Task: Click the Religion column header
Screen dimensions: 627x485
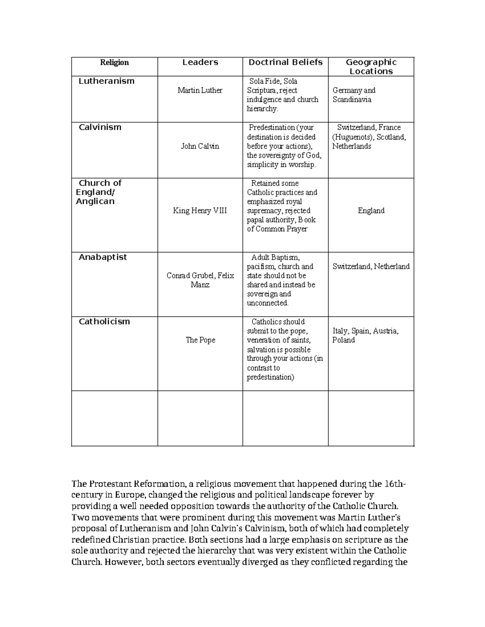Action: [114, 62]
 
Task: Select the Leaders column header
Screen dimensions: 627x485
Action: [200, 62]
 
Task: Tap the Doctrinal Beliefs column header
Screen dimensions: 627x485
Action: [285, 62]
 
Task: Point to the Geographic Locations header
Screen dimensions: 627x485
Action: [371, 67]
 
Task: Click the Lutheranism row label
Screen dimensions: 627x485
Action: [106, 81]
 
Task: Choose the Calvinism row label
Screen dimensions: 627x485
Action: [100, 127]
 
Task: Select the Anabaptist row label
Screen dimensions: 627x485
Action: [103, 257]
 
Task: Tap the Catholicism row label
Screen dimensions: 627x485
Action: [104, 322]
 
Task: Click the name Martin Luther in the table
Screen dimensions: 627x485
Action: [200, 90]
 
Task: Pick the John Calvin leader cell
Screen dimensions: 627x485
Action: [200, 146]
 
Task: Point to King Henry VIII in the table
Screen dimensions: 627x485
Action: [200, 211]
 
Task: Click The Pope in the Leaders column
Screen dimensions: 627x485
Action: [200, 340]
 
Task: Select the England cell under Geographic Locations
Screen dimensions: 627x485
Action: [371, 211]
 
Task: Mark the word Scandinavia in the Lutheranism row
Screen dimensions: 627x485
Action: [352, 100]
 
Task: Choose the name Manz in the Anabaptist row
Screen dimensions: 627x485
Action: [200, 285]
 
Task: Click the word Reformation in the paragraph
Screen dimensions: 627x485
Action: [160, 484]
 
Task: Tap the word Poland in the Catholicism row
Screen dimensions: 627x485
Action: [344, 340]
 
